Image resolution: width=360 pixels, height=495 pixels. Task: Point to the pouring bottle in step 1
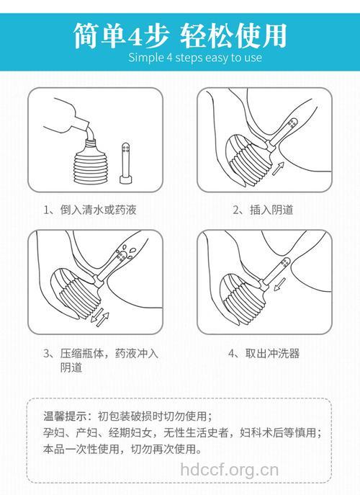pyautogui.click(x=68, y=119)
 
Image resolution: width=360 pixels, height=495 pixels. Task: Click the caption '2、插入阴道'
pyautogui.click(x=263, y=210)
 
